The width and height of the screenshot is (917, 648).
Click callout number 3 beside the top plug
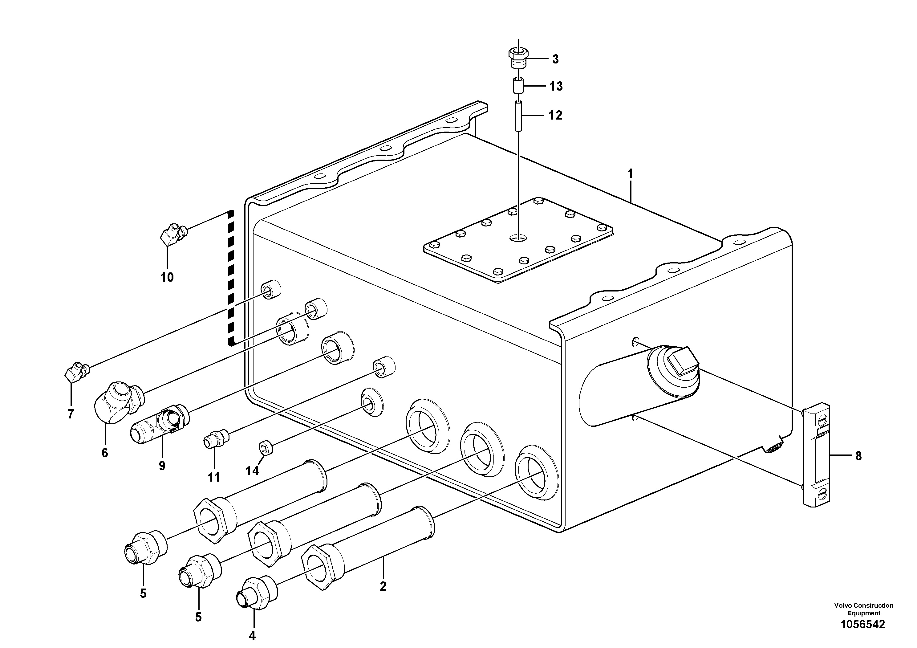(x=555, y=59)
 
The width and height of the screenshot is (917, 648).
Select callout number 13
(x=556, y=86)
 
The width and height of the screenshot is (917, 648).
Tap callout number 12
(x=555, y=116)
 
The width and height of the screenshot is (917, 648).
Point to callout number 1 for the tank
(x=630, y=174)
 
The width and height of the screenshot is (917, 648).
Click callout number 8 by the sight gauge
(x=858, y=456)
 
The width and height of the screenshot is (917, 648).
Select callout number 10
(x=167, y=277)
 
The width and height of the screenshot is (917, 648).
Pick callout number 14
(x=252, y=471)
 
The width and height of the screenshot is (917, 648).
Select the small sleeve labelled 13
(x=518, y=85)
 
